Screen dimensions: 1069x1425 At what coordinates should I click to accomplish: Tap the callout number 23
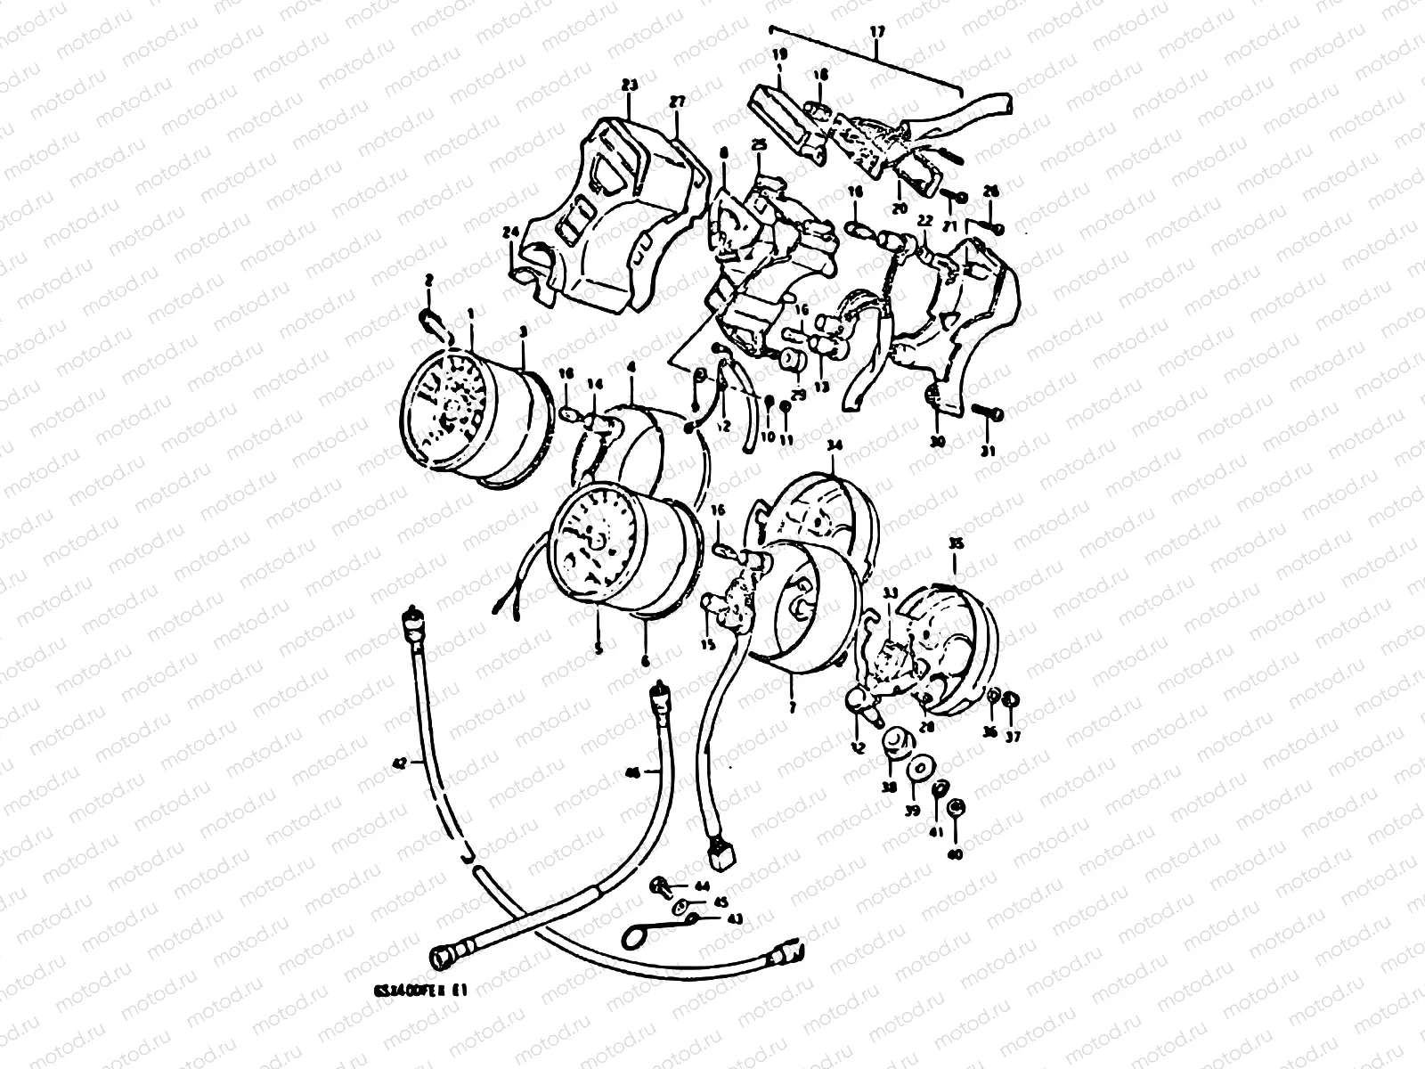[630, 86]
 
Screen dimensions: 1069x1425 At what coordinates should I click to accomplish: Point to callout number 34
[834, 445]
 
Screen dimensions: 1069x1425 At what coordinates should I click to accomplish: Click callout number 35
[955, 543]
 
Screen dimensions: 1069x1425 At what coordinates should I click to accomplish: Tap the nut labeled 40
[956, 808]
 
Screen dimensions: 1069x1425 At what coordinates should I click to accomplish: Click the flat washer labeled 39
[915, 770]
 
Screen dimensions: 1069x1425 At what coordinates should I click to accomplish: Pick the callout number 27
[677, 102]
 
